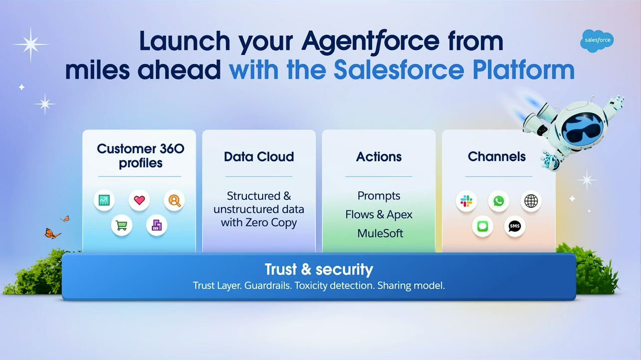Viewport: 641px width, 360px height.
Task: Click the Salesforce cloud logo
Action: tap(597, 41)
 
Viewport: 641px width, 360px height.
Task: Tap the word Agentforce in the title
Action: tap(370, 41)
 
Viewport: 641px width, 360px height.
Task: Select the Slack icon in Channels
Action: tap(466, 201)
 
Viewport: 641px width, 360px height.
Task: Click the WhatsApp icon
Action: tap(498, 201)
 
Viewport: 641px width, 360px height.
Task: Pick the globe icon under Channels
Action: tap(531, 201)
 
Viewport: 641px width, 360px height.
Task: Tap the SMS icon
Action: tap(514, 227)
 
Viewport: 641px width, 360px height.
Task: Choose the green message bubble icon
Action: tap(482, 227)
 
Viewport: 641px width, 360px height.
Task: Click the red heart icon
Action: tap(139, 200)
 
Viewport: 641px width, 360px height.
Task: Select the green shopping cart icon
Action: tap(121, 226)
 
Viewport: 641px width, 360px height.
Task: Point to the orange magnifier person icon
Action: tap(174, 200)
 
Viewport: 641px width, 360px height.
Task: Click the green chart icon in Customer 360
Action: tap(104, 200)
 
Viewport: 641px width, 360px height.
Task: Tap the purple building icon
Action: tap(157, 226)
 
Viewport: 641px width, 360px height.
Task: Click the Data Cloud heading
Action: tap(259, 157)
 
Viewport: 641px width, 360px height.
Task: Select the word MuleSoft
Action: tap(380, 233)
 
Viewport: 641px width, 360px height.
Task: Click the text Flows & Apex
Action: tap(379, 214)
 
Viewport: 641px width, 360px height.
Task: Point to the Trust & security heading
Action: tap(319, 270)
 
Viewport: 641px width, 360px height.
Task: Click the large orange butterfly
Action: tap(52, 233)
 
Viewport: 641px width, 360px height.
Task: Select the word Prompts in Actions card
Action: tap(379, 196)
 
